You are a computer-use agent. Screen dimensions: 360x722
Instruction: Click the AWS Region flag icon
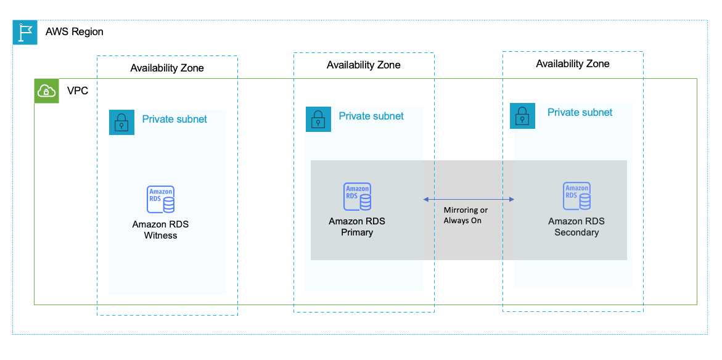pos(25,32)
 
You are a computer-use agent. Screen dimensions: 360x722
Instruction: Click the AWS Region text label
pos(74,31)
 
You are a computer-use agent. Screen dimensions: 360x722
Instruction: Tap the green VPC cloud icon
pos(47,91)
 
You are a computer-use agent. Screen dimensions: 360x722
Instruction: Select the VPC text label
pos(78,91)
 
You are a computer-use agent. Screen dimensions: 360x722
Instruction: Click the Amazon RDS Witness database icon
pos(160,198)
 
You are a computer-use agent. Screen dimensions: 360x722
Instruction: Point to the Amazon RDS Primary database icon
pos(357,197)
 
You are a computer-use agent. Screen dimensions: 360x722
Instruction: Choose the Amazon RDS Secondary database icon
pos(576,196)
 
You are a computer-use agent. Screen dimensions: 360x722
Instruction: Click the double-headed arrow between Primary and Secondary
pos(469,199)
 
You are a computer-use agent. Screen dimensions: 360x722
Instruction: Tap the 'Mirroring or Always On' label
pos(466,215)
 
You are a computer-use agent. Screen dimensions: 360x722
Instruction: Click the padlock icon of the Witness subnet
pos(121,122)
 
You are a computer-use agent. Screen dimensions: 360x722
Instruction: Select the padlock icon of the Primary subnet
pos(318,119)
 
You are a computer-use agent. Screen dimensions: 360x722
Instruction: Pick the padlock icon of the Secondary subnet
pos(522,116)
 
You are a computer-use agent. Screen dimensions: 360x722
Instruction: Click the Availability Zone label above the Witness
pos(167,68)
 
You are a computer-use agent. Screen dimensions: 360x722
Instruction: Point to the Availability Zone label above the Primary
pos(364,65)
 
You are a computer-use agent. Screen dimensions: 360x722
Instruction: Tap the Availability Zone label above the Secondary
pos(573,63)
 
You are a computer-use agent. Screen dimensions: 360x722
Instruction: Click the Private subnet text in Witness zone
pos(174,119)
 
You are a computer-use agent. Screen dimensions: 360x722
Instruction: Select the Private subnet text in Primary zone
pos(371,116)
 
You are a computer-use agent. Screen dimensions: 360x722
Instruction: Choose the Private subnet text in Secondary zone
pos(580,112)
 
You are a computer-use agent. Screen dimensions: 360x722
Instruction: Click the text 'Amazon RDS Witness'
pos(160,230)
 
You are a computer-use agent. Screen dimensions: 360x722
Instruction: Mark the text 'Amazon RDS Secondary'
pos(576,227)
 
